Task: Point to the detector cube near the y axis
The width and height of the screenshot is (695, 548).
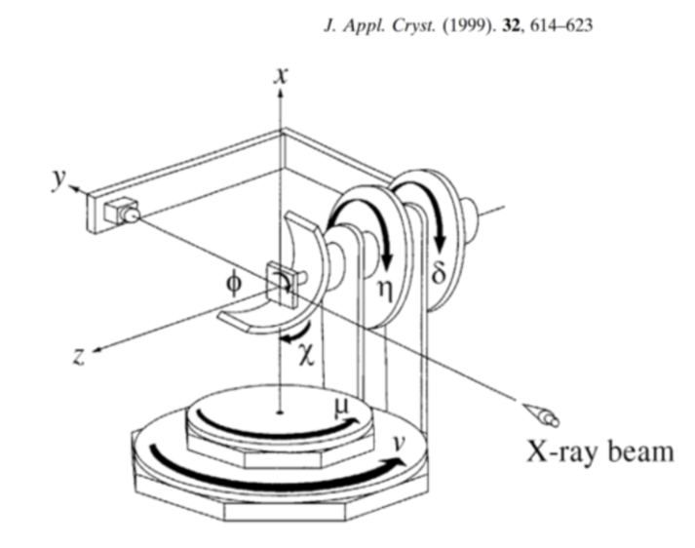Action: tap(124, 211)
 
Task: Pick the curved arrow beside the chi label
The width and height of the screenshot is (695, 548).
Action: tap(290, 335)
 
